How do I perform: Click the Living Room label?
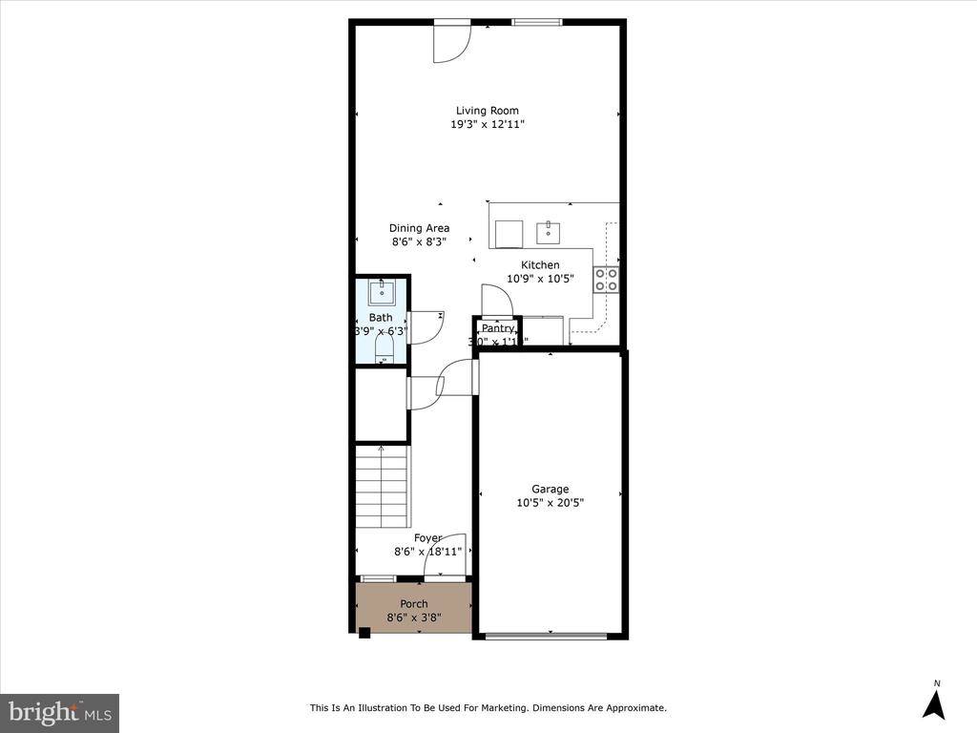(x=487, y=111)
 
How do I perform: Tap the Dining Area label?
(x=419, y=228)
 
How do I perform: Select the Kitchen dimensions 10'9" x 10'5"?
(x=540, y=279)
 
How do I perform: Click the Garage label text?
(x=550, y=490)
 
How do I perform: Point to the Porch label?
(x=413, y=604)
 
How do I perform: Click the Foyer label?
(x=427, y=538)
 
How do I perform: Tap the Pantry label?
(x=497, y=328)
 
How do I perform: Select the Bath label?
(x=381, y=318)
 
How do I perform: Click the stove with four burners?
(x=606, y=279)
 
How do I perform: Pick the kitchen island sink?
(x=548, y=232)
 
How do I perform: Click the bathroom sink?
(x=383, y=290)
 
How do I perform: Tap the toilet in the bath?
(x=384, y=349)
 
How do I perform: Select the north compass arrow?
(x=935, y=703)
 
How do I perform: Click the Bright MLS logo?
(x=59, y=712)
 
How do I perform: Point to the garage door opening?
(x=551, y=635)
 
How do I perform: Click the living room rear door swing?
(x=450, y=43)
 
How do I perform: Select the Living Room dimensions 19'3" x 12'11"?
(x=488, y=125)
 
